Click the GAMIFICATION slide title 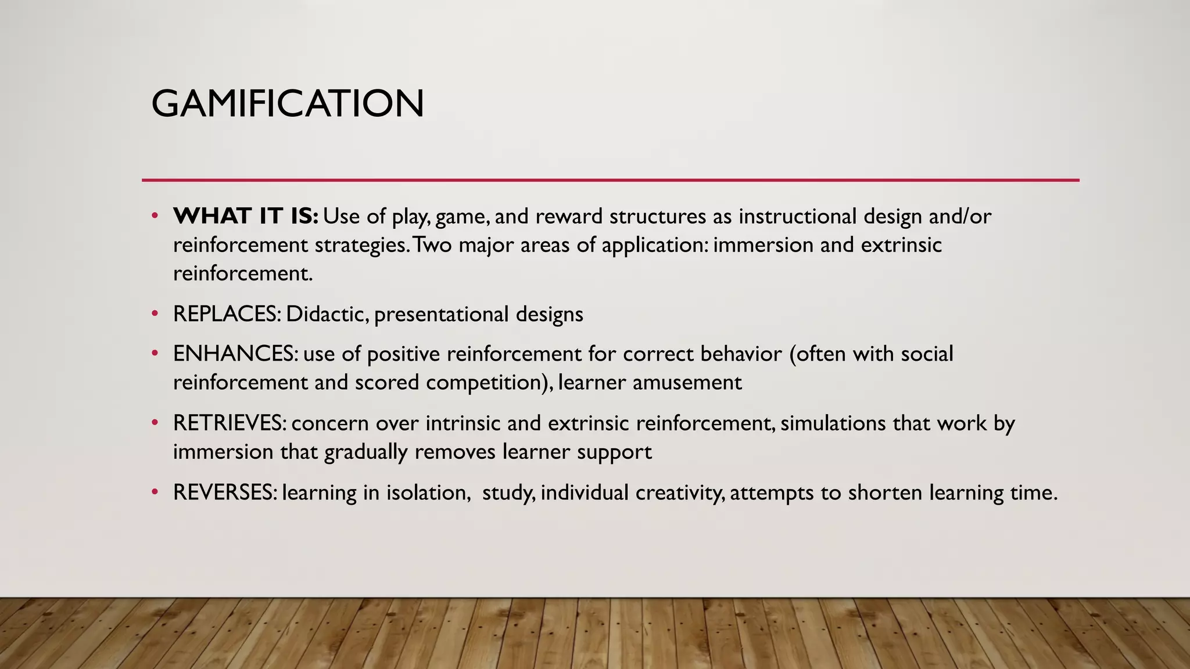[288, 104]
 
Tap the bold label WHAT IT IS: [246, 216]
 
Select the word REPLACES [225, 314]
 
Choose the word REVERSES [225, 492]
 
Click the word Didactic [327, 314]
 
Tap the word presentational [441, 314]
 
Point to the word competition [483, 383]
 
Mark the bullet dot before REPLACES [155, 314]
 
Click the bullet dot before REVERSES [155, 492]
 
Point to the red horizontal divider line [610, 180]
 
